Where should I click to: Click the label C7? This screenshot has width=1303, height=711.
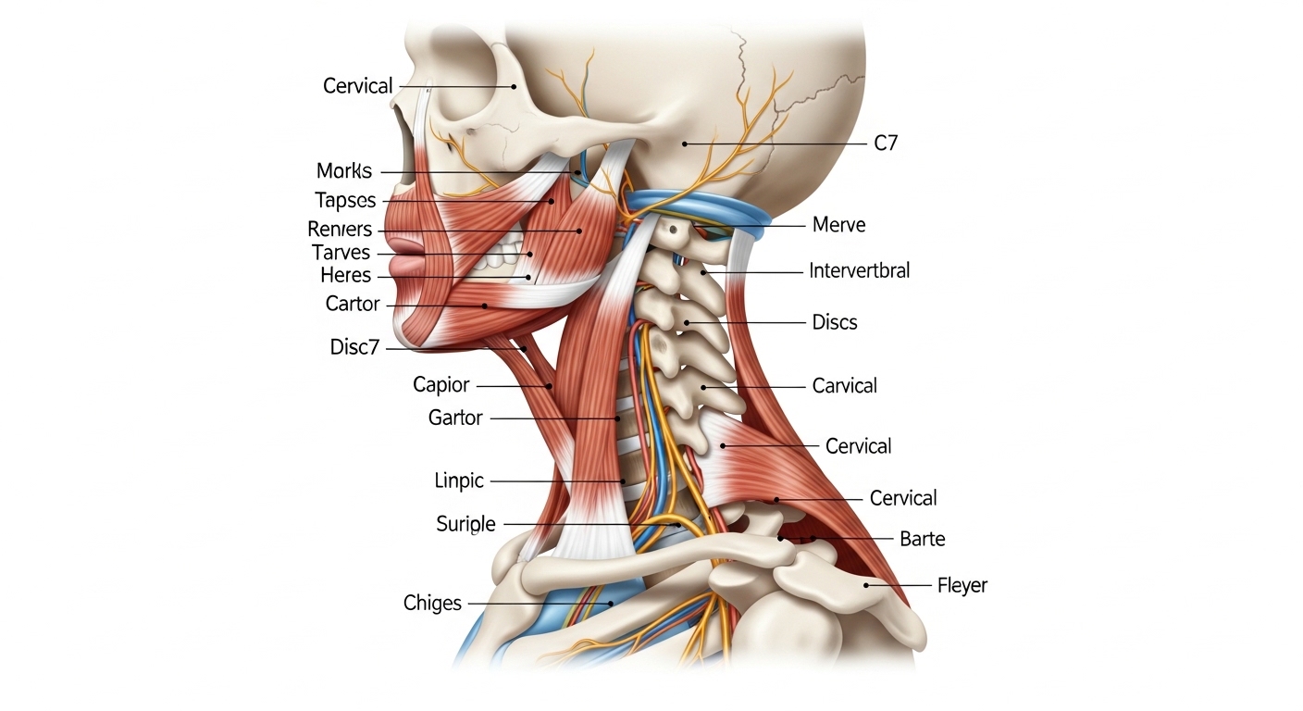886,143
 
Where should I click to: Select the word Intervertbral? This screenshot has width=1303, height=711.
859,270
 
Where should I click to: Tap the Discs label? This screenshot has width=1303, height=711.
835,322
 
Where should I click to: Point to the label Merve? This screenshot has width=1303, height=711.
838,225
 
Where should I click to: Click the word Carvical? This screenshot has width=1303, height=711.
844,386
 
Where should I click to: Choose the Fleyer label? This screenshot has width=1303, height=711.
962,585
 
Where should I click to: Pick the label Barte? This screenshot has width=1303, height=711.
922,539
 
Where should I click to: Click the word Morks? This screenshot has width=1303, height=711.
343,171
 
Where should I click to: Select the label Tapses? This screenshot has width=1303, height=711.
345,201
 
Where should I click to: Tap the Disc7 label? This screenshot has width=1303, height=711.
354,347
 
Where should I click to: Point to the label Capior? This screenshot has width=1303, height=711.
441,385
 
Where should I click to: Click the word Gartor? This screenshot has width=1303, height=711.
455,418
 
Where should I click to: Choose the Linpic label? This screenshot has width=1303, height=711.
459,481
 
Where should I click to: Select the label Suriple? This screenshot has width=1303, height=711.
465,524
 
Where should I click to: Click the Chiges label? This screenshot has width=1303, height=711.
432,604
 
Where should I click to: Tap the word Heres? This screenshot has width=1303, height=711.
345,275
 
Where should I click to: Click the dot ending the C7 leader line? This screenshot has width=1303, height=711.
685,143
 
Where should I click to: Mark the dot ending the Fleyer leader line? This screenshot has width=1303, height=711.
865,585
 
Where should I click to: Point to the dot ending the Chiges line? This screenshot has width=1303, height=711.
611,604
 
